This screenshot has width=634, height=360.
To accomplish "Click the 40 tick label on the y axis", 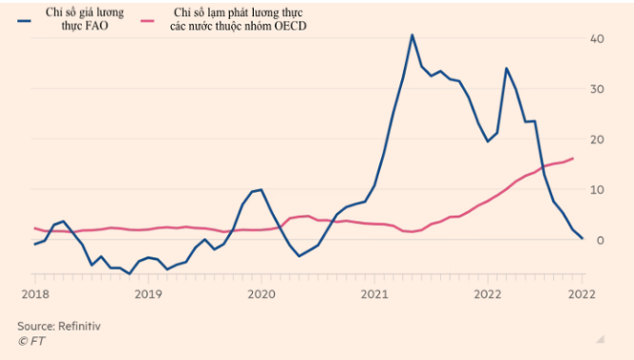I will [598, 39].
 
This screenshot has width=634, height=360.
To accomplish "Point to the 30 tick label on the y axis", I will [598, 89].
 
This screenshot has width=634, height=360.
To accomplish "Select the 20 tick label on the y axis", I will [598, 140].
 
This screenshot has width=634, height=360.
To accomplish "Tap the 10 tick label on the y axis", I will [598, 190].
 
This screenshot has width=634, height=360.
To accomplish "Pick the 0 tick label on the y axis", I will [601, 240].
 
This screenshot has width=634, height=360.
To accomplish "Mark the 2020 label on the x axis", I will [260, 294].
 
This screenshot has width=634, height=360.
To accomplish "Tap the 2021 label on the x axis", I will [374, 294].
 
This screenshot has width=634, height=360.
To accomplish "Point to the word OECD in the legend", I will [286, 26].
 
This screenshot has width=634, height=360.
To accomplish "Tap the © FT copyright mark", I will [31, 339].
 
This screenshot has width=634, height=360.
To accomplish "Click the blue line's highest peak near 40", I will [412, 35].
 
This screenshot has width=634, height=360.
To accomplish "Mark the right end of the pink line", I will [572, 159].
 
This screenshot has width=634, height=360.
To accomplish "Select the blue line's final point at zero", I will [582, 238].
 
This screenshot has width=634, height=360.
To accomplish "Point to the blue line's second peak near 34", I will [506, 68].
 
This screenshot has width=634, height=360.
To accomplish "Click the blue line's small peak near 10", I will [260, 189].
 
